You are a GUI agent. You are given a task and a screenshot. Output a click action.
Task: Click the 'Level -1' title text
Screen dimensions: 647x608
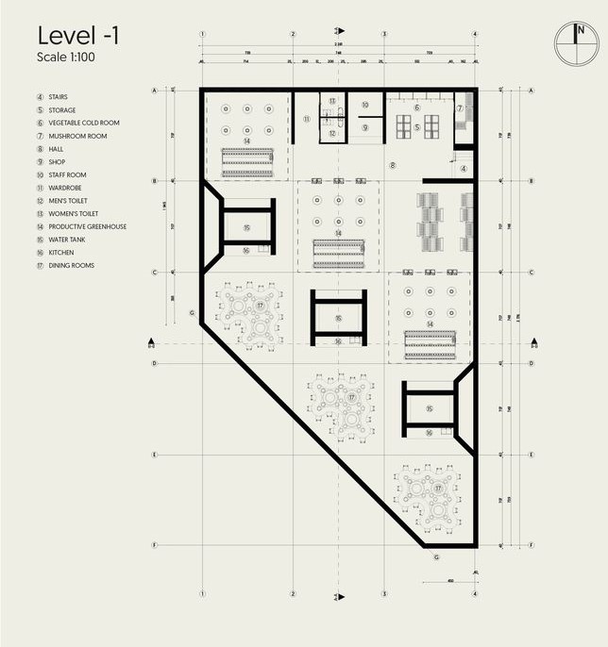tap(78, 36)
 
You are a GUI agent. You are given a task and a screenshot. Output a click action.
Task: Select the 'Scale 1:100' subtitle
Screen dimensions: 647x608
tap(65, 57)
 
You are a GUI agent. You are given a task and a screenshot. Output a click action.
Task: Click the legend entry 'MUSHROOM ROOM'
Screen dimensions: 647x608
tap(77, 136)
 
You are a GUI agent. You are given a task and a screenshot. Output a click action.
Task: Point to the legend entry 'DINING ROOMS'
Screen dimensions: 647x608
tap(73, 265)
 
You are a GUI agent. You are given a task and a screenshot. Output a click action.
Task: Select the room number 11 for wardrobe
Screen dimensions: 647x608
tap(307, 120)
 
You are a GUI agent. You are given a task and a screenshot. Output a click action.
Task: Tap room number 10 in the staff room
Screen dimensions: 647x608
tap(364, 105)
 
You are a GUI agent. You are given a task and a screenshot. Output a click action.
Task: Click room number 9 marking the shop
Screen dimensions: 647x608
tap(364, 127)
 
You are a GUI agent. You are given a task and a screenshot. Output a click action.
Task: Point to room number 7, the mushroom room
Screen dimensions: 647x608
tap(460, 108)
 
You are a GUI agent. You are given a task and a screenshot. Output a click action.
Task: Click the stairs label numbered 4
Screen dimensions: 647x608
tap(464, 169)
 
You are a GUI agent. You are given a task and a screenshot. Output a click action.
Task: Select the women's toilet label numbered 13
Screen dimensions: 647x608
tap(332, 101)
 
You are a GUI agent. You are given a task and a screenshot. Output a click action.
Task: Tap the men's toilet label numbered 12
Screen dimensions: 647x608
tap(332, 134)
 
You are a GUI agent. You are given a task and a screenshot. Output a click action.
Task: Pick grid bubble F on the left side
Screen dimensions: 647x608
tap(153, 545)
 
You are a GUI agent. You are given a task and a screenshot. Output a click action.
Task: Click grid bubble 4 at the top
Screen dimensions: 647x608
tap(474, 34)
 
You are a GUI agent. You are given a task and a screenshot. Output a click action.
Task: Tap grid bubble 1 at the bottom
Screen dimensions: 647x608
tap(203, 594)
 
